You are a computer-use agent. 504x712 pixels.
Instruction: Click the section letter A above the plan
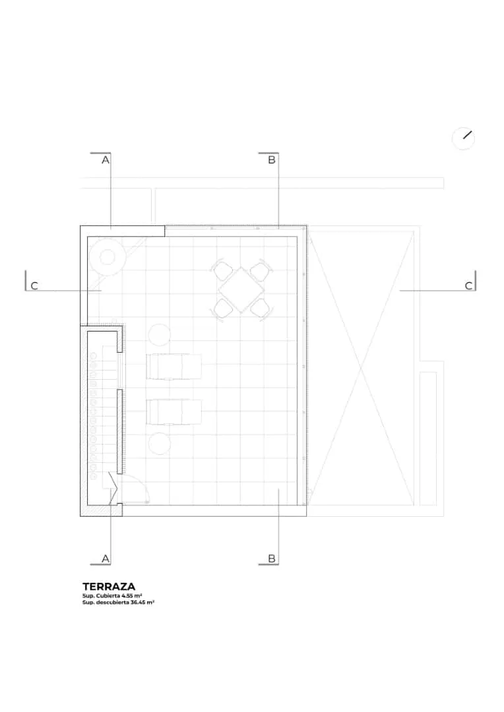click(106, 160)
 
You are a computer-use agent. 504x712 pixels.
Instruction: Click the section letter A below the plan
click(106, 558)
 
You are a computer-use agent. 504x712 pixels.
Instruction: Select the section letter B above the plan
click(272, 160)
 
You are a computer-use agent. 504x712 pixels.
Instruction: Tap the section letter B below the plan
click(272, 558)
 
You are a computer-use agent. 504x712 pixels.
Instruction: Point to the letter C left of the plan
click(34, 285)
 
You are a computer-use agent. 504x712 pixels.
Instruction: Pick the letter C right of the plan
click(468, 285)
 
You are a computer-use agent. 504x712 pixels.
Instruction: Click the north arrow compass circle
click(463, 138)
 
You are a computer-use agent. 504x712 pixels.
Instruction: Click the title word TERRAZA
click(109, 587)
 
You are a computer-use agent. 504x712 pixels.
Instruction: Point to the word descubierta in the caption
click(112, 602)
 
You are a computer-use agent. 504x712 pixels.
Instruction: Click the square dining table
click(241, 289)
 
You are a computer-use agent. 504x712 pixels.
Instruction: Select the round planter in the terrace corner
click(108, 257)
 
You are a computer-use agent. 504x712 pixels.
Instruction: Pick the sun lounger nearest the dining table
click(174, 367)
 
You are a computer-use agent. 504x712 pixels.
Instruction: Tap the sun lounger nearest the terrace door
click(174, 412)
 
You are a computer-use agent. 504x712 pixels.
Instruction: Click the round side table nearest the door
click(159, 444)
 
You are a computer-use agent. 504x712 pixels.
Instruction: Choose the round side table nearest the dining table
click(159, 335)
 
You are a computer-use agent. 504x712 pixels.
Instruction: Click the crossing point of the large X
click(362, 367)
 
